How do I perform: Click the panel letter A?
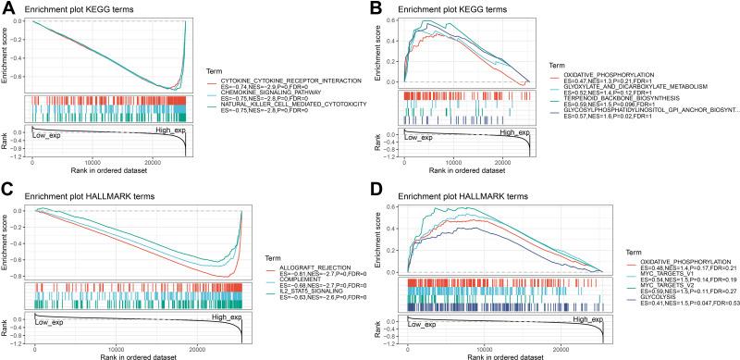click(x=7, y=7)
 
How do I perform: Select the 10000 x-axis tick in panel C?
click(x=116, y=347)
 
